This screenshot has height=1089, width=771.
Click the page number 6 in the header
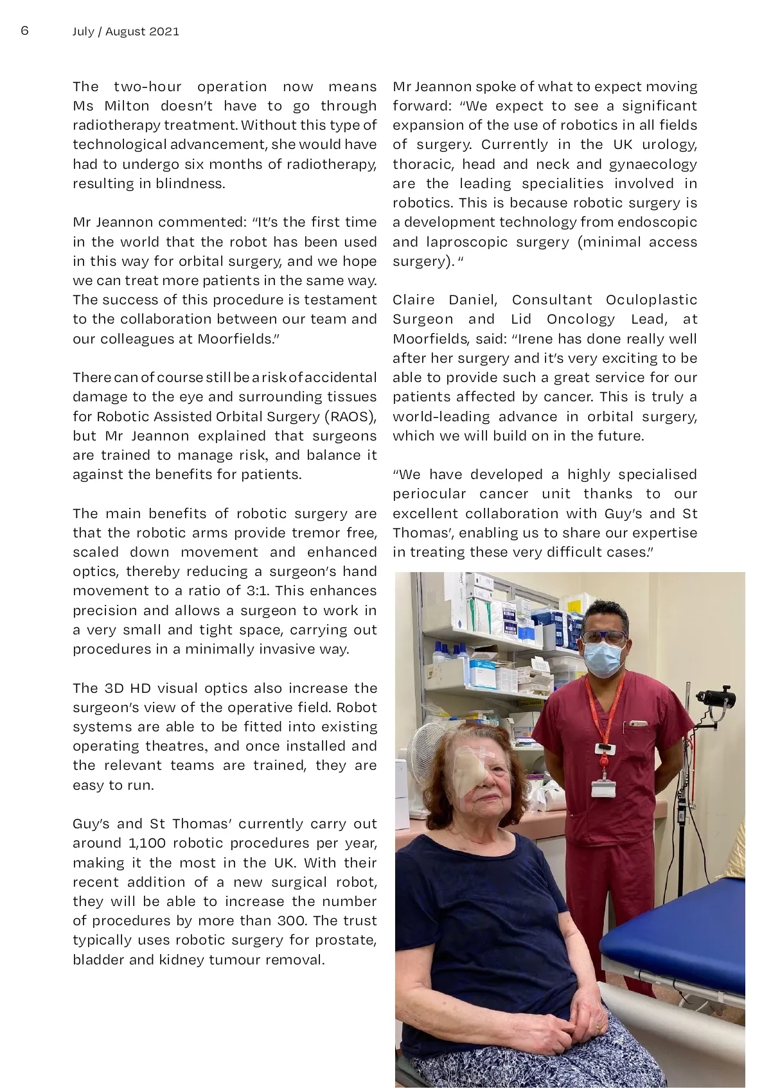tap(25, 31)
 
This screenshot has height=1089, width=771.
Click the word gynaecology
tap(653, 164)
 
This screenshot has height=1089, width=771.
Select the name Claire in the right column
tap(414, 300)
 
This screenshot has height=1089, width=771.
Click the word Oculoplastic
tap(651, 300)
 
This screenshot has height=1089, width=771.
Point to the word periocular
tap(429, 494)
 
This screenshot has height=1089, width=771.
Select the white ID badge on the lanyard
tap(603, 788)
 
